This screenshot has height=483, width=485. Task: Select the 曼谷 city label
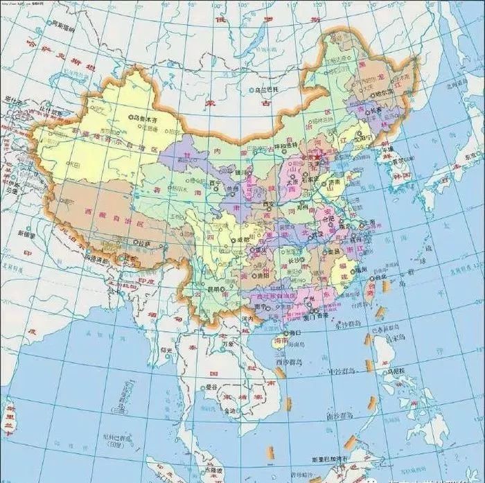point(212,387)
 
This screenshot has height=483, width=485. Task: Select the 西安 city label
point(270,204)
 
